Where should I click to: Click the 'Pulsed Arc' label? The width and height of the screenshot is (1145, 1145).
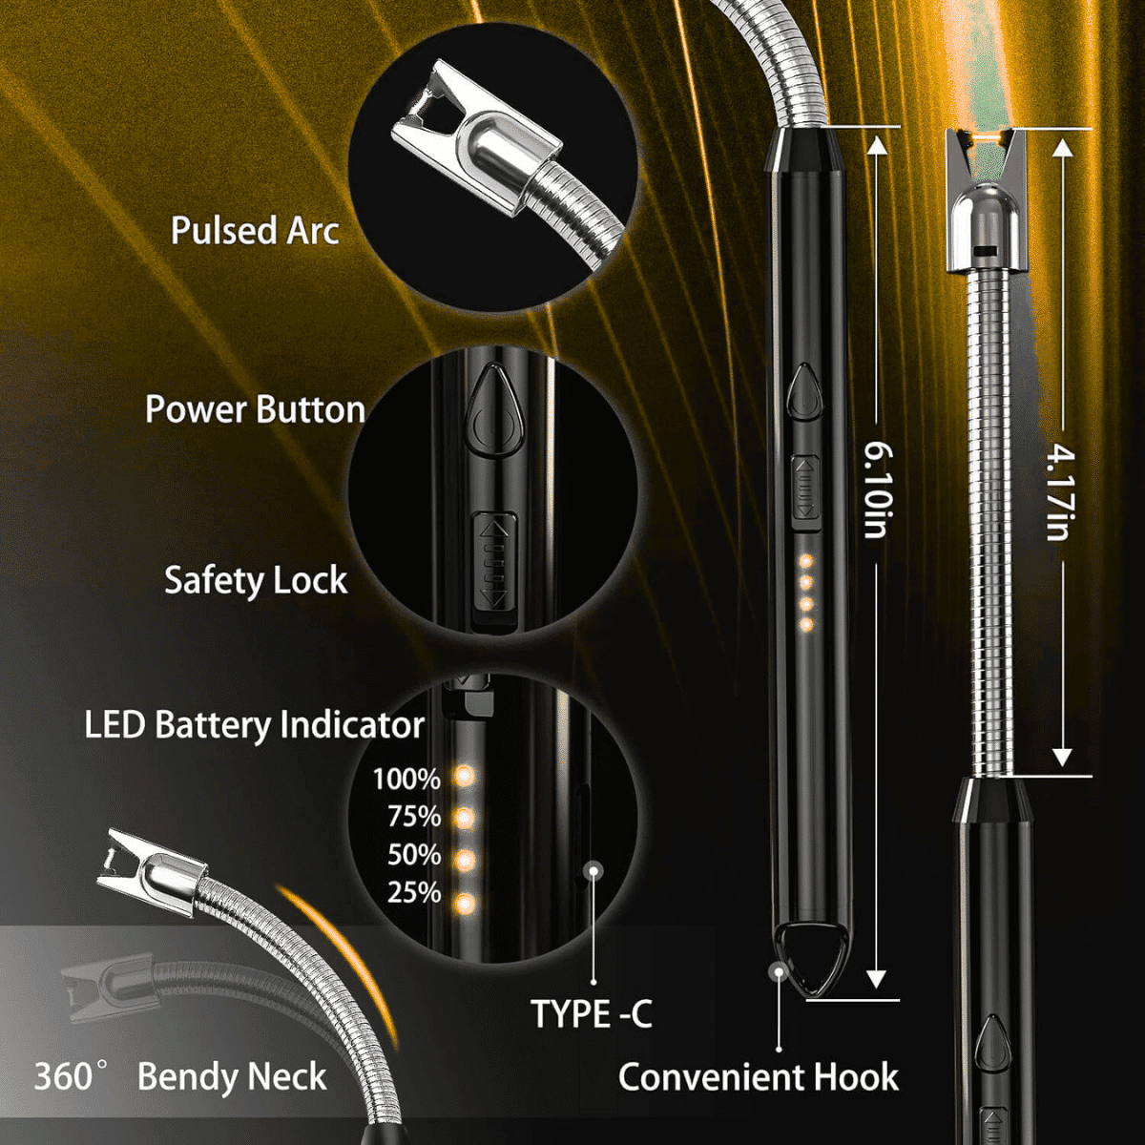(x=255, y=231)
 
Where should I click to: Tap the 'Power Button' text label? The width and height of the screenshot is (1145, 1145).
(x=256, y=409)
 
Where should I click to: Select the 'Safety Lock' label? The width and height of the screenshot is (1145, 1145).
(x=256, y=580)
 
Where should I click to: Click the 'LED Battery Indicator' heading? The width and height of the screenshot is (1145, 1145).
(x=254, y=725)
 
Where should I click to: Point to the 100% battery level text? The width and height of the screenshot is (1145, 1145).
(x=406, y=780)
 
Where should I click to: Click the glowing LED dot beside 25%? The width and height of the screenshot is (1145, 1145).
(x=466, y=902)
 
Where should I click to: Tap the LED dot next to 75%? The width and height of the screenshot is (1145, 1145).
(x=466, y=818)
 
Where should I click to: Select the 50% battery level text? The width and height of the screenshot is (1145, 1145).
(x=414, y=855)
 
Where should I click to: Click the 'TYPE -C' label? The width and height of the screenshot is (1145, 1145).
(x=592, y=1014)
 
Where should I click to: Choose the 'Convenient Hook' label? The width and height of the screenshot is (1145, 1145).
(x=759, y=1077)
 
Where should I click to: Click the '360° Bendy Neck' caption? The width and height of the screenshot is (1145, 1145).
(x=181, y=1077)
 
